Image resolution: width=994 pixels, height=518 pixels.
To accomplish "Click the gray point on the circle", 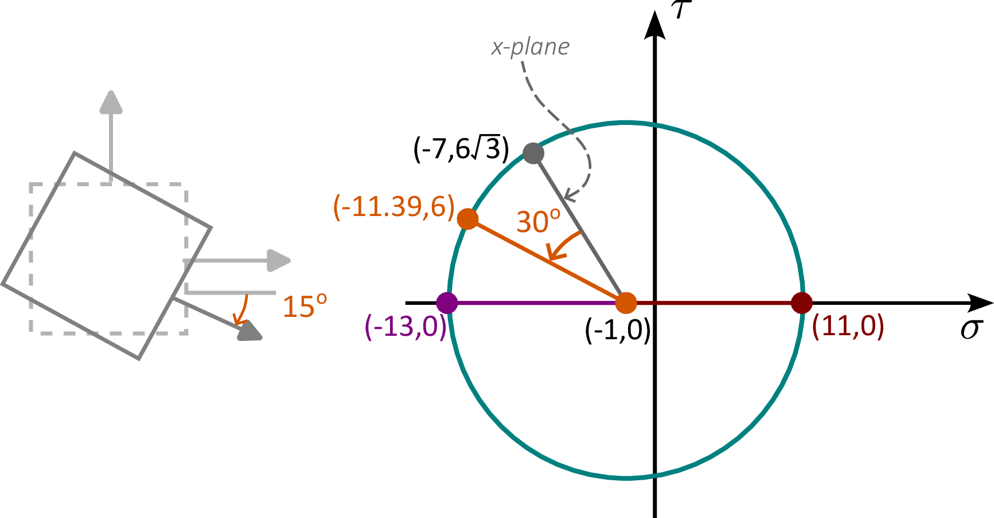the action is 533,153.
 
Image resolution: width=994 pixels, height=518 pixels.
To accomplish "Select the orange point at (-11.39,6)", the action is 468,219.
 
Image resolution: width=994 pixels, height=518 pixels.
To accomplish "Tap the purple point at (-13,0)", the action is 447,303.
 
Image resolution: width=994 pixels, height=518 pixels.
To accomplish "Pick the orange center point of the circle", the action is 626,303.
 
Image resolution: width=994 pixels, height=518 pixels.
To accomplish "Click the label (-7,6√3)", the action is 461,150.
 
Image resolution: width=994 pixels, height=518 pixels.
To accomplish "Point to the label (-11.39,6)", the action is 394,206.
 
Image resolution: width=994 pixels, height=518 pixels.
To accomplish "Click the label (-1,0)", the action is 618,330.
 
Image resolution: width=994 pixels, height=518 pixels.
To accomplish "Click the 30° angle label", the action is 538,221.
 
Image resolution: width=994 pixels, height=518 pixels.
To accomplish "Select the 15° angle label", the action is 305,306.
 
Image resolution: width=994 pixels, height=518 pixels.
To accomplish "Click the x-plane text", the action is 531,47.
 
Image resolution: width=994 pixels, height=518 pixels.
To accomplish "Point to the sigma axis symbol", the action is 972,329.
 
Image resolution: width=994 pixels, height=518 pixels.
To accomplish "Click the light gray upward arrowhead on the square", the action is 111,101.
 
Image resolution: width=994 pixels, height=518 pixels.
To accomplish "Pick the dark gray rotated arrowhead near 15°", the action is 250,331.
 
